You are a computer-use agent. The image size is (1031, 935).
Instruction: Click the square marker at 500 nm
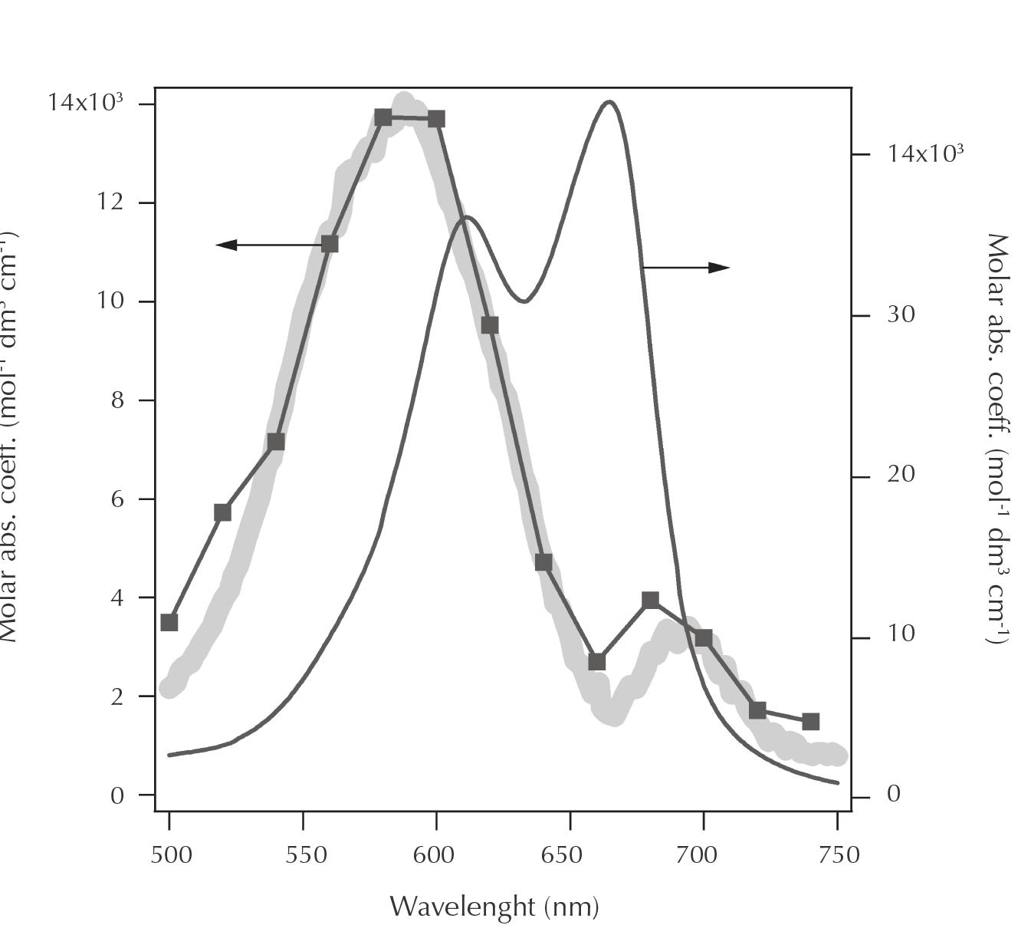(169, 622)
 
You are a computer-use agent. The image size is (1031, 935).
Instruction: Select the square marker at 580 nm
(383, 117)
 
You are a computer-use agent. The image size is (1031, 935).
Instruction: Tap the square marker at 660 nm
(597, 662)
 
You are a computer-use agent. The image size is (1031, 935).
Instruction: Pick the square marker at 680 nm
(651, 600)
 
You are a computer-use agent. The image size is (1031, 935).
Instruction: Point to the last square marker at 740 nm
(811, 722)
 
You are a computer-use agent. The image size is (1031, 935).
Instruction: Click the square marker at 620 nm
(490, 325)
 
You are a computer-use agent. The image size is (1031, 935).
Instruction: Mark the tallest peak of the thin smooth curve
(609, 102)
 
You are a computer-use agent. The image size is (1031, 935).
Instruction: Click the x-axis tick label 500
(170, 855)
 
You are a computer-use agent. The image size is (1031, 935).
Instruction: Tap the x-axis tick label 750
(839, 855)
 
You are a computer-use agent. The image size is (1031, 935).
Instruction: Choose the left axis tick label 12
(109, 202)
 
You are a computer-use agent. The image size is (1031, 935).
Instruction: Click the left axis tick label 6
(117, 499)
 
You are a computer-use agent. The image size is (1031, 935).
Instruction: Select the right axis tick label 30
(901, 314)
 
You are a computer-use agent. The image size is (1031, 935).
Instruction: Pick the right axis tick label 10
(901, 634)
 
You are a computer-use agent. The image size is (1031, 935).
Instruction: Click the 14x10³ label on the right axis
(924, 153)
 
